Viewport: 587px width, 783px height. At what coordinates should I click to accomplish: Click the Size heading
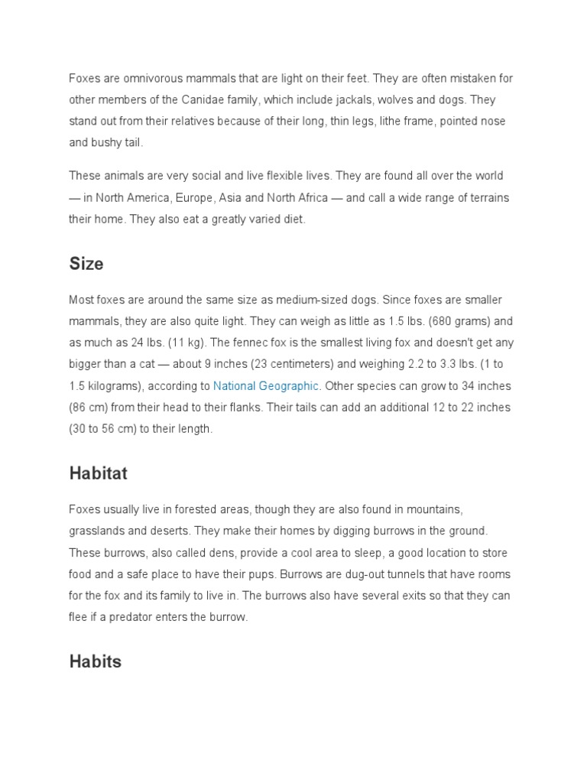point(86,264)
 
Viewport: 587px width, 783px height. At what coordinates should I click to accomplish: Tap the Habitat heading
point(98,473)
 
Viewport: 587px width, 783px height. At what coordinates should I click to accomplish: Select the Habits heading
point(96,661)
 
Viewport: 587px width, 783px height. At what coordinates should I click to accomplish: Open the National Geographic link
point(265,386)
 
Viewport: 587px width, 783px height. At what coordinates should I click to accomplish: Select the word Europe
point(193,197)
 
